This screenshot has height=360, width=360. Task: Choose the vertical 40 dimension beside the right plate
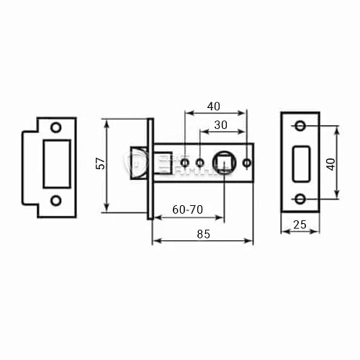click(330, 163)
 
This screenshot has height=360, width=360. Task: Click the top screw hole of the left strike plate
click(56, 127)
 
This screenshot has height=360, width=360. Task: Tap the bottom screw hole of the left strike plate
click(56, 200)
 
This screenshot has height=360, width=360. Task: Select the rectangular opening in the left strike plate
click(56, 163)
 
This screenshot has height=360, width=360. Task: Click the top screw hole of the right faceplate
click(300, 127)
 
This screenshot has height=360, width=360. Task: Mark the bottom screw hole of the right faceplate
click(300, 199)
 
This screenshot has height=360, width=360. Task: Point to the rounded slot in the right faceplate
click(300, 163)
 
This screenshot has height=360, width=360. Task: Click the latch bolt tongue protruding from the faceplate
click(138, 163)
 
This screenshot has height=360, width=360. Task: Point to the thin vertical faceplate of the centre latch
click(151, 165)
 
